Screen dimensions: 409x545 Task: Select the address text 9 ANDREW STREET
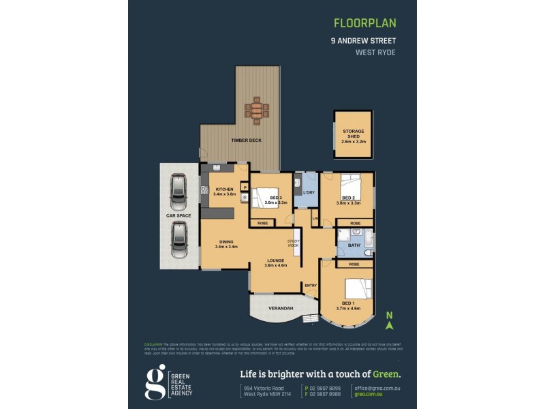pos(363,40)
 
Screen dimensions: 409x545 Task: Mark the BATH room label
pos(353,245)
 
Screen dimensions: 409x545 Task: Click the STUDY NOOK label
pos(294,243)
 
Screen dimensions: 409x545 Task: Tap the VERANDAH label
pos(280,308)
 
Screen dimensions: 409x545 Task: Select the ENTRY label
pos(311,286)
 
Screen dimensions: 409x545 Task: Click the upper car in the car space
pos(178,193)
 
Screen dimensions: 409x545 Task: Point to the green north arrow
pos(389,322)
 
